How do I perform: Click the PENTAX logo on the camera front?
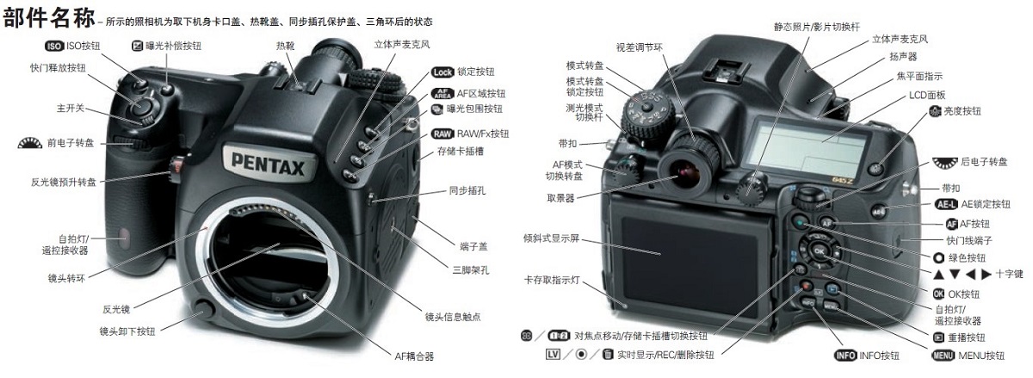[267, 162]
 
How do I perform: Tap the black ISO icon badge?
[53, 46]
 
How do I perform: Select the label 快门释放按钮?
[58, 68]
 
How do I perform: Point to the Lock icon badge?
[442, 72]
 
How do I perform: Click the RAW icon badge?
[442, 133]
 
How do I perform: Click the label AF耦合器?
[413, 355]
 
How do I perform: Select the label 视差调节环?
[638, 46]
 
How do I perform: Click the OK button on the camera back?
[820, 251]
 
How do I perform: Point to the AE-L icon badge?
[945, 204]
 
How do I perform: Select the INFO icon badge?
[849, 356]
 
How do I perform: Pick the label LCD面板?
[927, 96]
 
